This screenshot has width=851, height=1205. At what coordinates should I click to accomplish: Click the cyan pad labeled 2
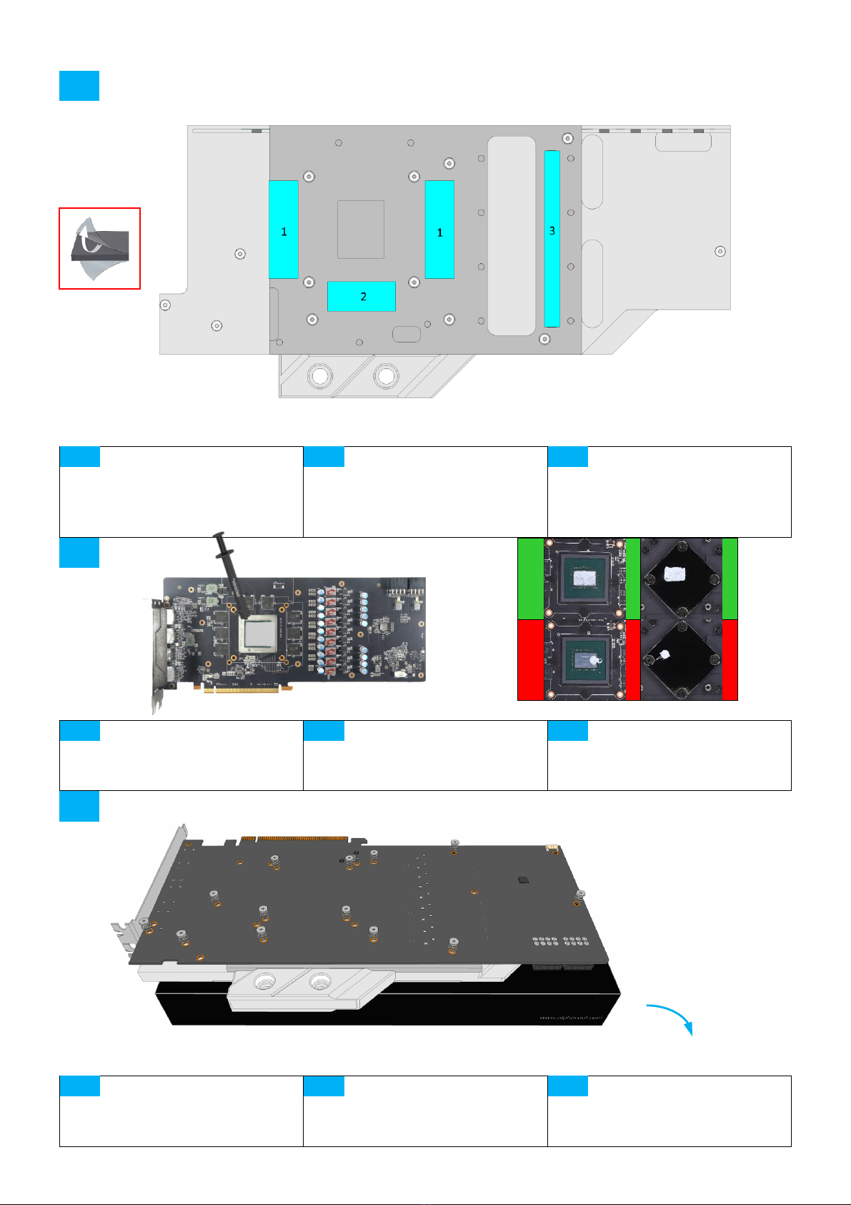pos(361,296)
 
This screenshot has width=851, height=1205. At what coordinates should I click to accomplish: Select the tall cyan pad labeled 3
pos(552,238)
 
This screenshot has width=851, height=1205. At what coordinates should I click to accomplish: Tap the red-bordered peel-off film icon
pos(99,248)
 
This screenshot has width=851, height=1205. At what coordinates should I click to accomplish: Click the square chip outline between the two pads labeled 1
pos(361,229)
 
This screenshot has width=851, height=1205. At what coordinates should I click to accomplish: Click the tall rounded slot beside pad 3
pos(511,236)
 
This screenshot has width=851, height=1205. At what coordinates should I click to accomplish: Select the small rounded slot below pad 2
pos(406,333)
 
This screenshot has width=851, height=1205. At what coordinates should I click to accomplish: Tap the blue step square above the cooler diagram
pos(79,86)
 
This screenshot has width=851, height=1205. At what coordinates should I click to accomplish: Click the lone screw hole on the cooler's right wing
pos(720,251)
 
